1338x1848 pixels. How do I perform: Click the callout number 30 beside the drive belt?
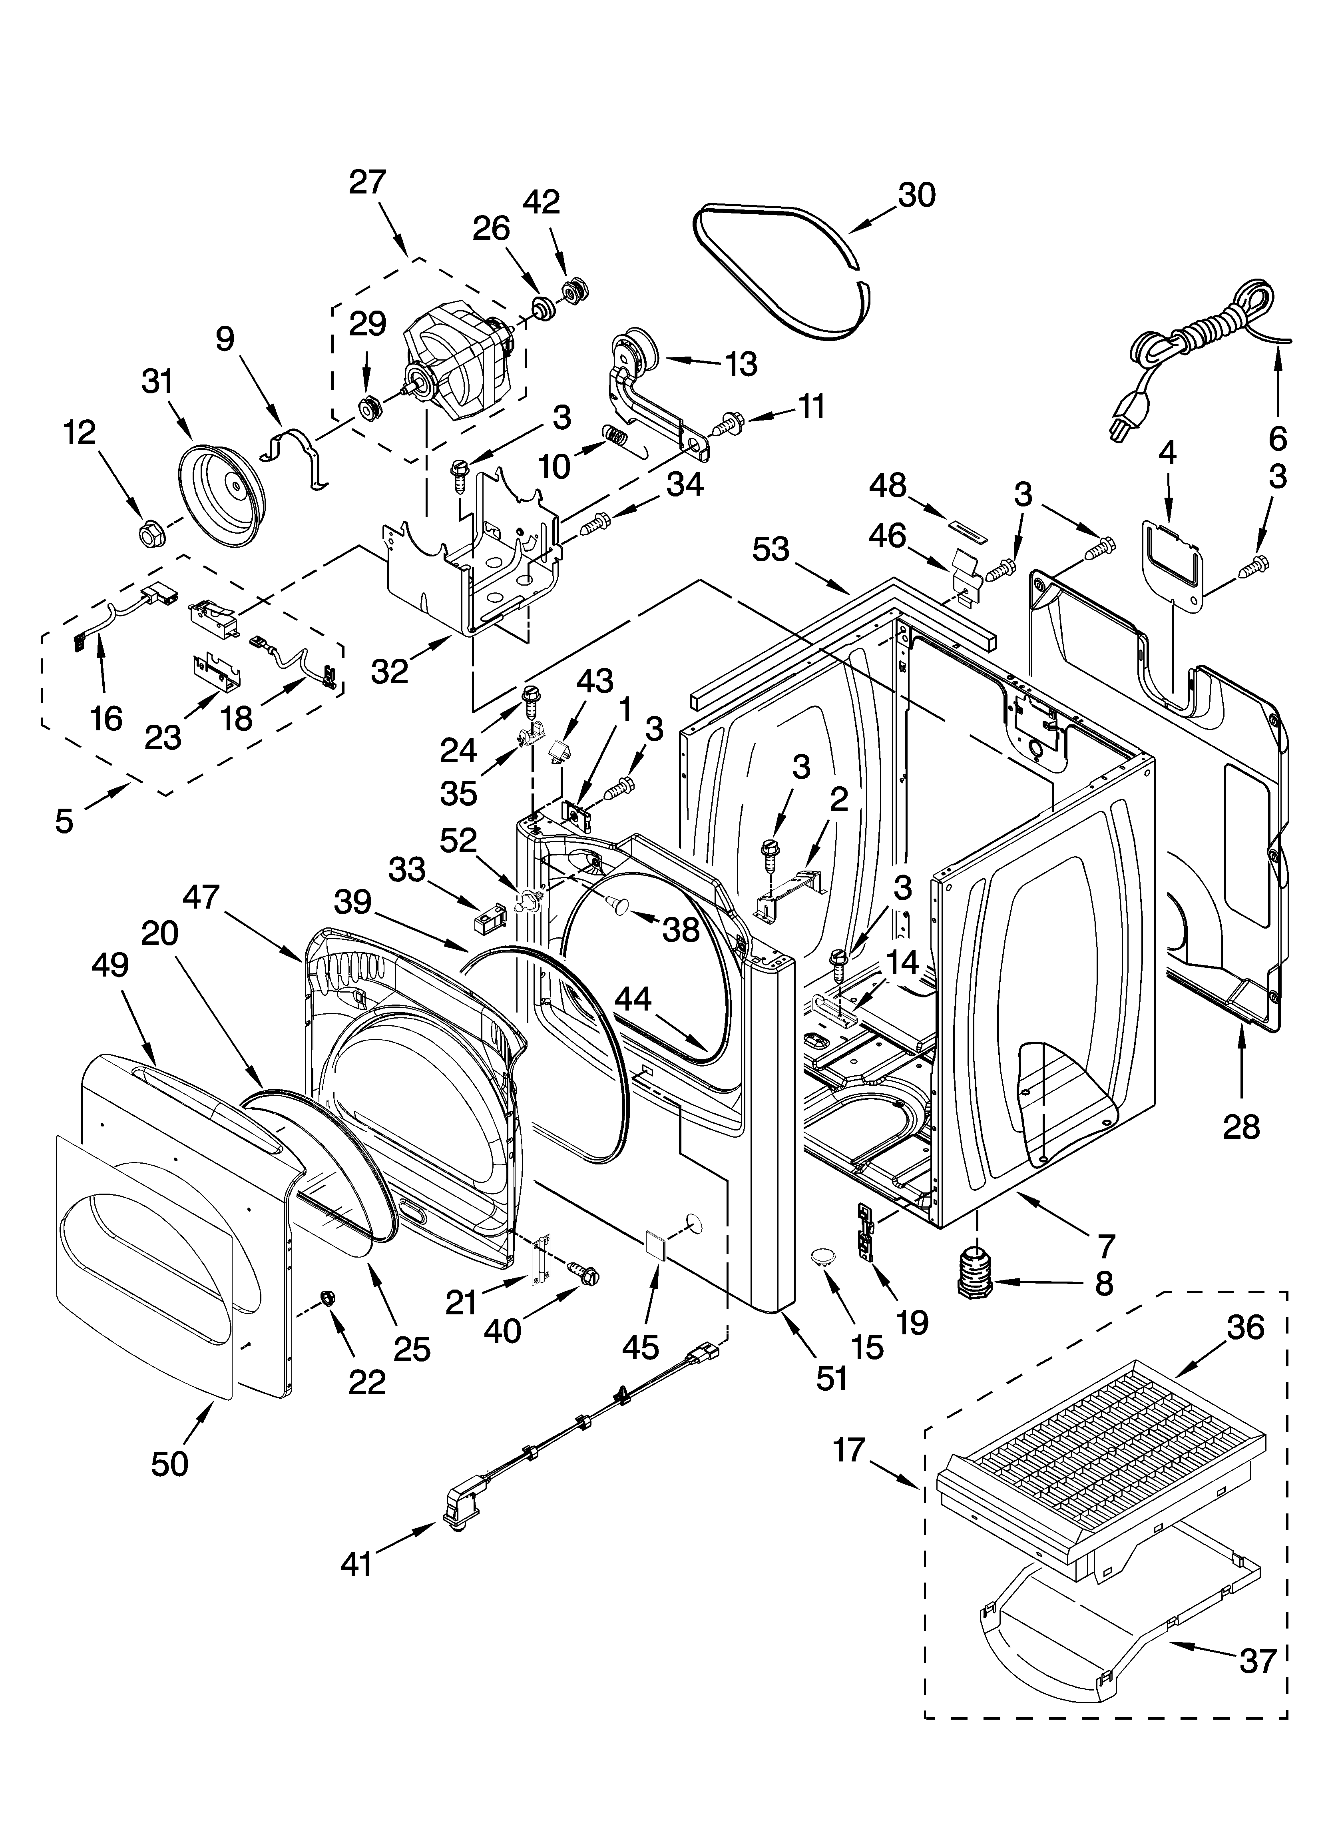(x=917, y=195)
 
